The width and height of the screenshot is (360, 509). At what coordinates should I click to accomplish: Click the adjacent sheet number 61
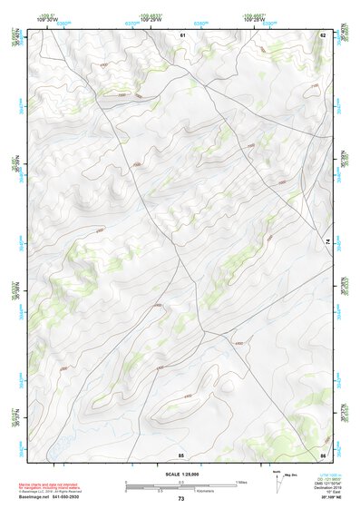[182, 34]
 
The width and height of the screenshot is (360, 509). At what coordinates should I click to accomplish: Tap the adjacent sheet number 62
[323, 34]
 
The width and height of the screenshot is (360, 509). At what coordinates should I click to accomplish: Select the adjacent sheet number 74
[327, 240]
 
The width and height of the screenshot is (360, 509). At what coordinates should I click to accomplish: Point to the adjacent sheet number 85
[181, 454]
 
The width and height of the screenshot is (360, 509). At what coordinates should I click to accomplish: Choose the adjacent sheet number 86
[323, 454]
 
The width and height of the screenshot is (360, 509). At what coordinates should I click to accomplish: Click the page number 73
[181, 499]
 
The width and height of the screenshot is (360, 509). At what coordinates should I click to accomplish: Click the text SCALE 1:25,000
[181, 473]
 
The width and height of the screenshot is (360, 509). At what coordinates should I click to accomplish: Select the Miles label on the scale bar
[242, 481]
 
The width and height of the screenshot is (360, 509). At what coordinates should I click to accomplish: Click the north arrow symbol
[277, 481]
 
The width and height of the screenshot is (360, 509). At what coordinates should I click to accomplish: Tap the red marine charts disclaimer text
[50, 485]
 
